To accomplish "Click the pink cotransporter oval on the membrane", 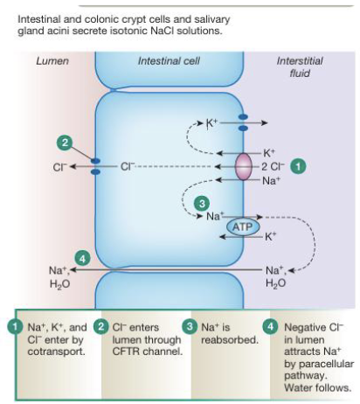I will click(x=242, y=166).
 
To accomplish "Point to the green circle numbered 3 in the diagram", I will click(x=202, y=202).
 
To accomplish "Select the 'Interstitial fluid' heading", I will click(x=300, y=66).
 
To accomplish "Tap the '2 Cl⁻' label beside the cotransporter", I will click(x=273, y=166).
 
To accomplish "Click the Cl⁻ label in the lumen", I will click(x=59, y=166).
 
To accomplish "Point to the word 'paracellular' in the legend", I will click(x=306, y=366).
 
